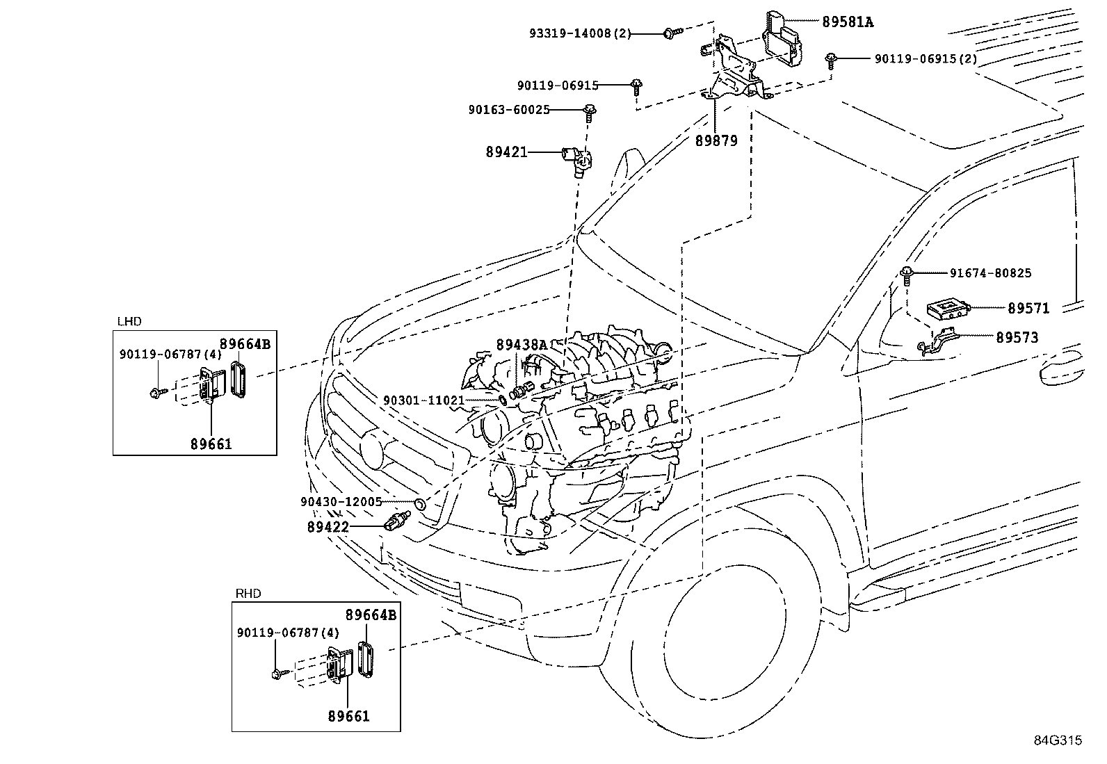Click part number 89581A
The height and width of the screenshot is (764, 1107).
pyautogui.click(x=848, y=22)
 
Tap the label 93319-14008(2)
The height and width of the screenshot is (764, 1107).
pyautogui.click(x=580, y=33)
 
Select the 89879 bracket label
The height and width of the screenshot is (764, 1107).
pyautogui.click(x=716, y=141)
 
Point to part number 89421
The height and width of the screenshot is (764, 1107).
pyautogui.click(x=506, y=152)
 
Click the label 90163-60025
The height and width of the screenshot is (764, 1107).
pyautogui.click(x=509, y=110)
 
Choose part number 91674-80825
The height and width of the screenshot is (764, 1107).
pyautogui.click(x=990, y=273)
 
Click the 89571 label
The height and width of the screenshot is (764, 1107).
pyautogui.click(x=1028, y=309)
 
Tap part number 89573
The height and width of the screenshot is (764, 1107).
pyautogui.click(x=1017, y=338)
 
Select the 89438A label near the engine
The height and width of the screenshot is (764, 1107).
pyautogui.click(x=522, y=345)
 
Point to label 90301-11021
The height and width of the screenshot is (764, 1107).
pyautogui.click(x=424, y=400)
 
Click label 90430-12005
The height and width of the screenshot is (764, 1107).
pyautogui.click(x=341, y=502)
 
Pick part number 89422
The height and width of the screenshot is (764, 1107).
pyautogui.click(x=328, y=527)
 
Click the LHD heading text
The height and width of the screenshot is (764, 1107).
pyautogui.click(x=129, y=322)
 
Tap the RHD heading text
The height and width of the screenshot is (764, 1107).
pyautogui.click(x=248, y=594)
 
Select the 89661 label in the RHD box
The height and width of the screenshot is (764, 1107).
pyautogui.click(x=349, y=716)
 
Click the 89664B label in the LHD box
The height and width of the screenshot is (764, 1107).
pyautogui.click(x=245, y=344)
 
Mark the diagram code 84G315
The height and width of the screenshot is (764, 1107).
pyautogui.click(x=1058, y=741)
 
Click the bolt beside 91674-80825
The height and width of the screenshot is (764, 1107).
pyautogui.click(x=906, y=276)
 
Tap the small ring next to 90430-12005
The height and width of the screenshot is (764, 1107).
pyautogui.click(x=419, y=505)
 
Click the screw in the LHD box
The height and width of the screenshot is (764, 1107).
pyautogui.click(x=158, y=393)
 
